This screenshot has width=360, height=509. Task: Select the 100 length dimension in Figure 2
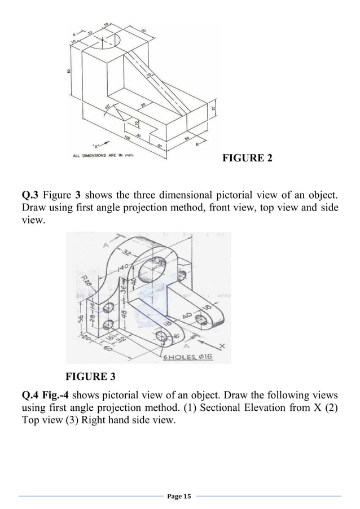tap(128, 137)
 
